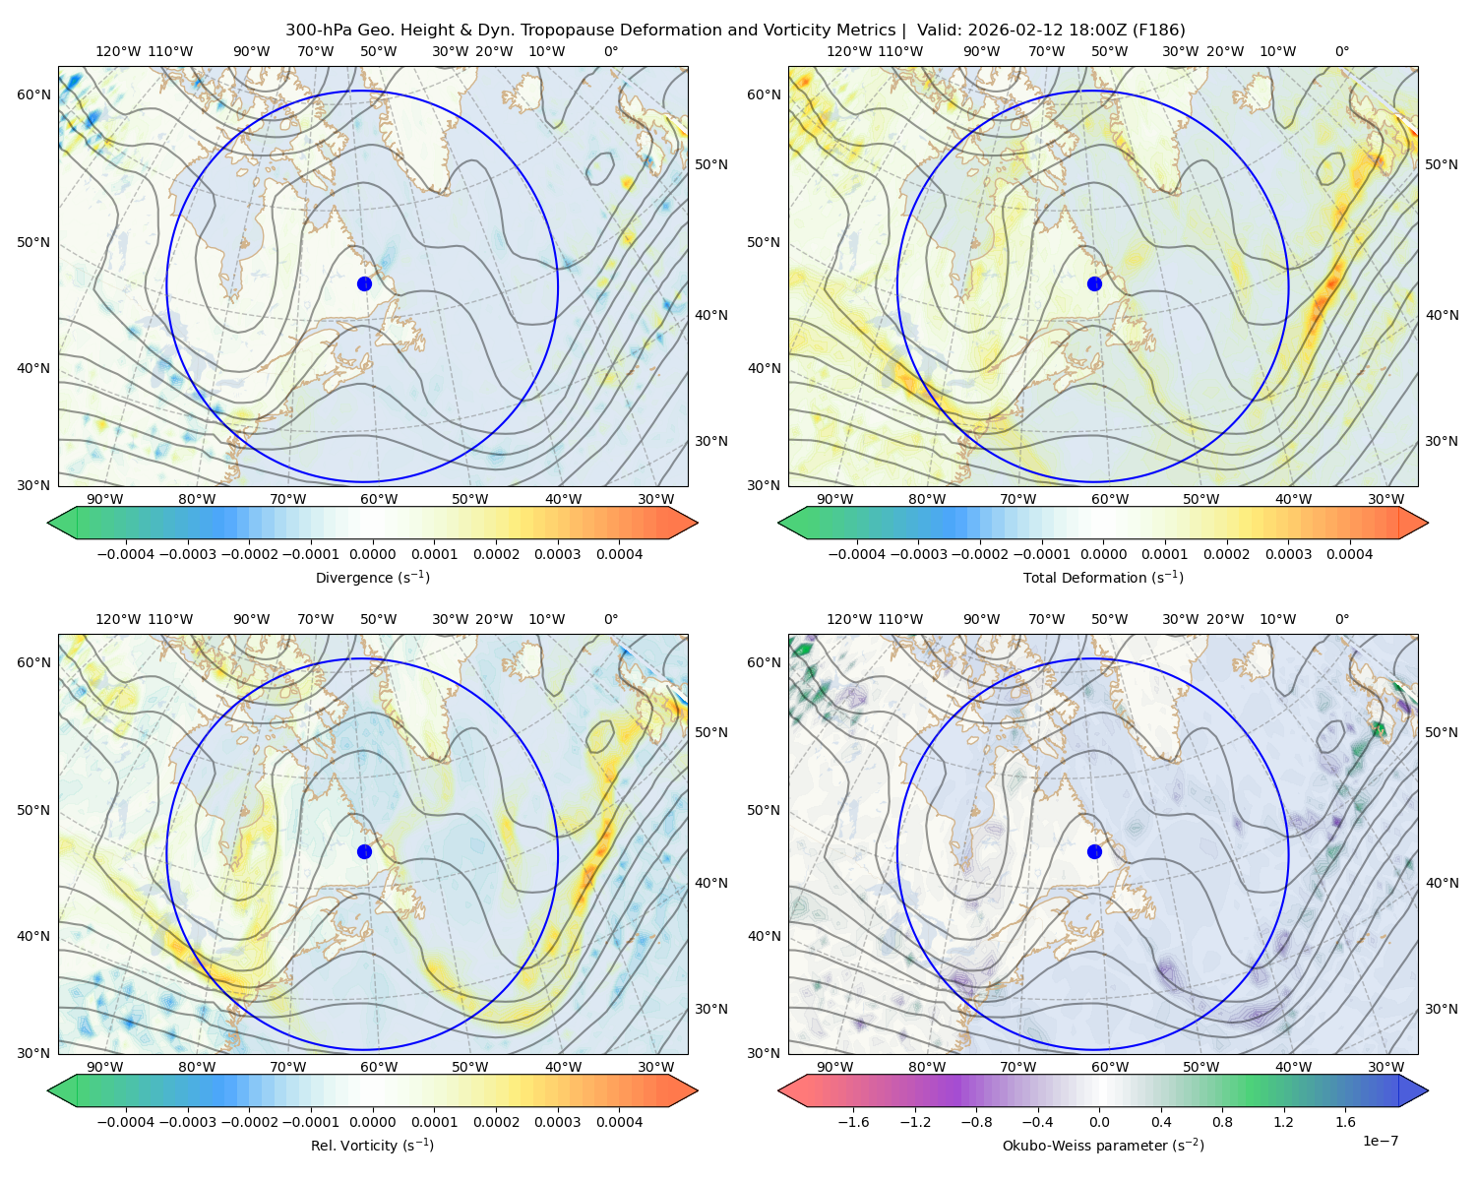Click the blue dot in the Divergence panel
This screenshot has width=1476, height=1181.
pos(364,283)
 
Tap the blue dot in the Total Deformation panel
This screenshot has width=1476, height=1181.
pos(1094,283)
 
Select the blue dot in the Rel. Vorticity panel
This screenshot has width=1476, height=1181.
pos(364,851)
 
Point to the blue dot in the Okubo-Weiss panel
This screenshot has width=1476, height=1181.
pos(1094,851)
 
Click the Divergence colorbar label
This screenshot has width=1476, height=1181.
pos(372,577)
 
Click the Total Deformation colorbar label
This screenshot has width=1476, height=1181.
pos(1103,577)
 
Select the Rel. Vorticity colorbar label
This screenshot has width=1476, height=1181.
pos(372,1146)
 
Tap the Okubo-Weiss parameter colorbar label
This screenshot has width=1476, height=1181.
pos(1103,1146)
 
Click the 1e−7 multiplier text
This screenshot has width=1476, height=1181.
pos(1380,1141)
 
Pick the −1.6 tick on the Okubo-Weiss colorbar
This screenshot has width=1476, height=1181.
pos(853,1122)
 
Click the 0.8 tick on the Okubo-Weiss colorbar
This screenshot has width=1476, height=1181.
pos(1222,1122)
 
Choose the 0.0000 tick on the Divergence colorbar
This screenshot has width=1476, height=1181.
pos(372,554)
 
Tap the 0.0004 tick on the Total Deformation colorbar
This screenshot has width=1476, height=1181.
pos(1349,554)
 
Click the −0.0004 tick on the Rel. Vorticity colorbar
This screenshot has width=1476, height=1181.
pos(126,1122)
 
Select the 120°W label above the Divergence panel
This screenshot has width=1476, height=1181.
pos(118,51)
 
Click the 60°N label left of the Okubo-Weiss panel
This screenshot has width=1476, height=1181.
pos(764,662)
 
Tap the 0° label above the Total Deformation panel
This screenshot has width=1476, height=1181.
pos(1341,51)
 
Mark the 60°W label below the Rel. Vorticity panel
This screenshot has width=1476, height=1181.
pos(379,1067)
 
